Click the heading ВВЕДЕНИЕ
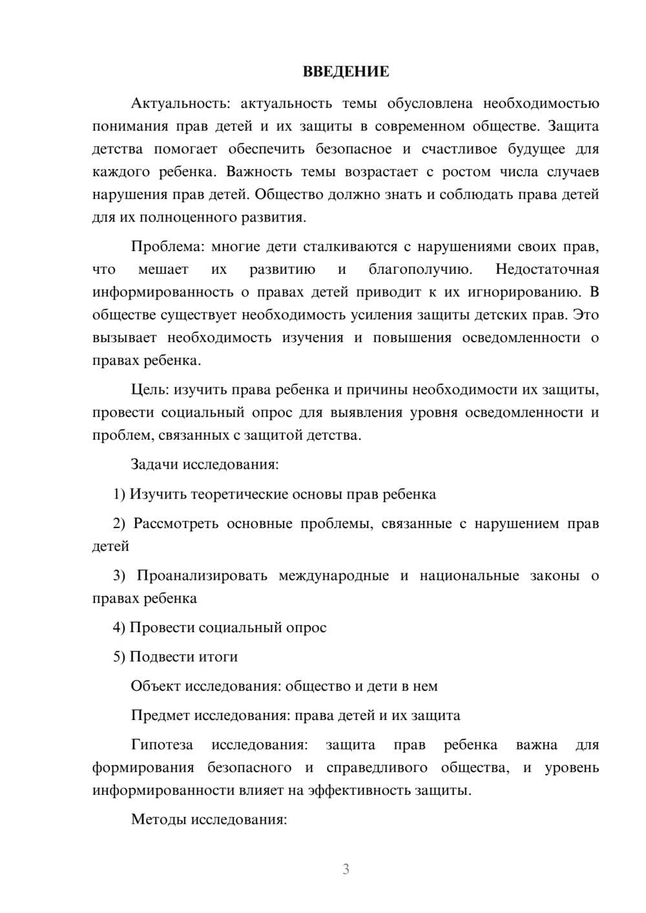[x=346, y=72]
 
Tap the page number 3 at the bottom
[x=346, y=869]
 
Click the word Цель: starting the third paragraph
[x=150, y=390]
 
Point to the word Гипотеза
[x=162, y=745]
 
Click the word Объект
[x=156, y=686]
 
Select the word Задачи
[x=155, y=464]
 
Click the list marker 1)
[x=120, y=495]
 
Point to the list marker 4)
[x=120, y=628]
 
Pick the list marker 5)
[x=120, y=657]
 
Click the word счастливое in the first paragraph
[x=459, y=149]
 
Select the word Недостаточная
[x=547, y=269]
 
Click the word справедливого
[x=377, y=768]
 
